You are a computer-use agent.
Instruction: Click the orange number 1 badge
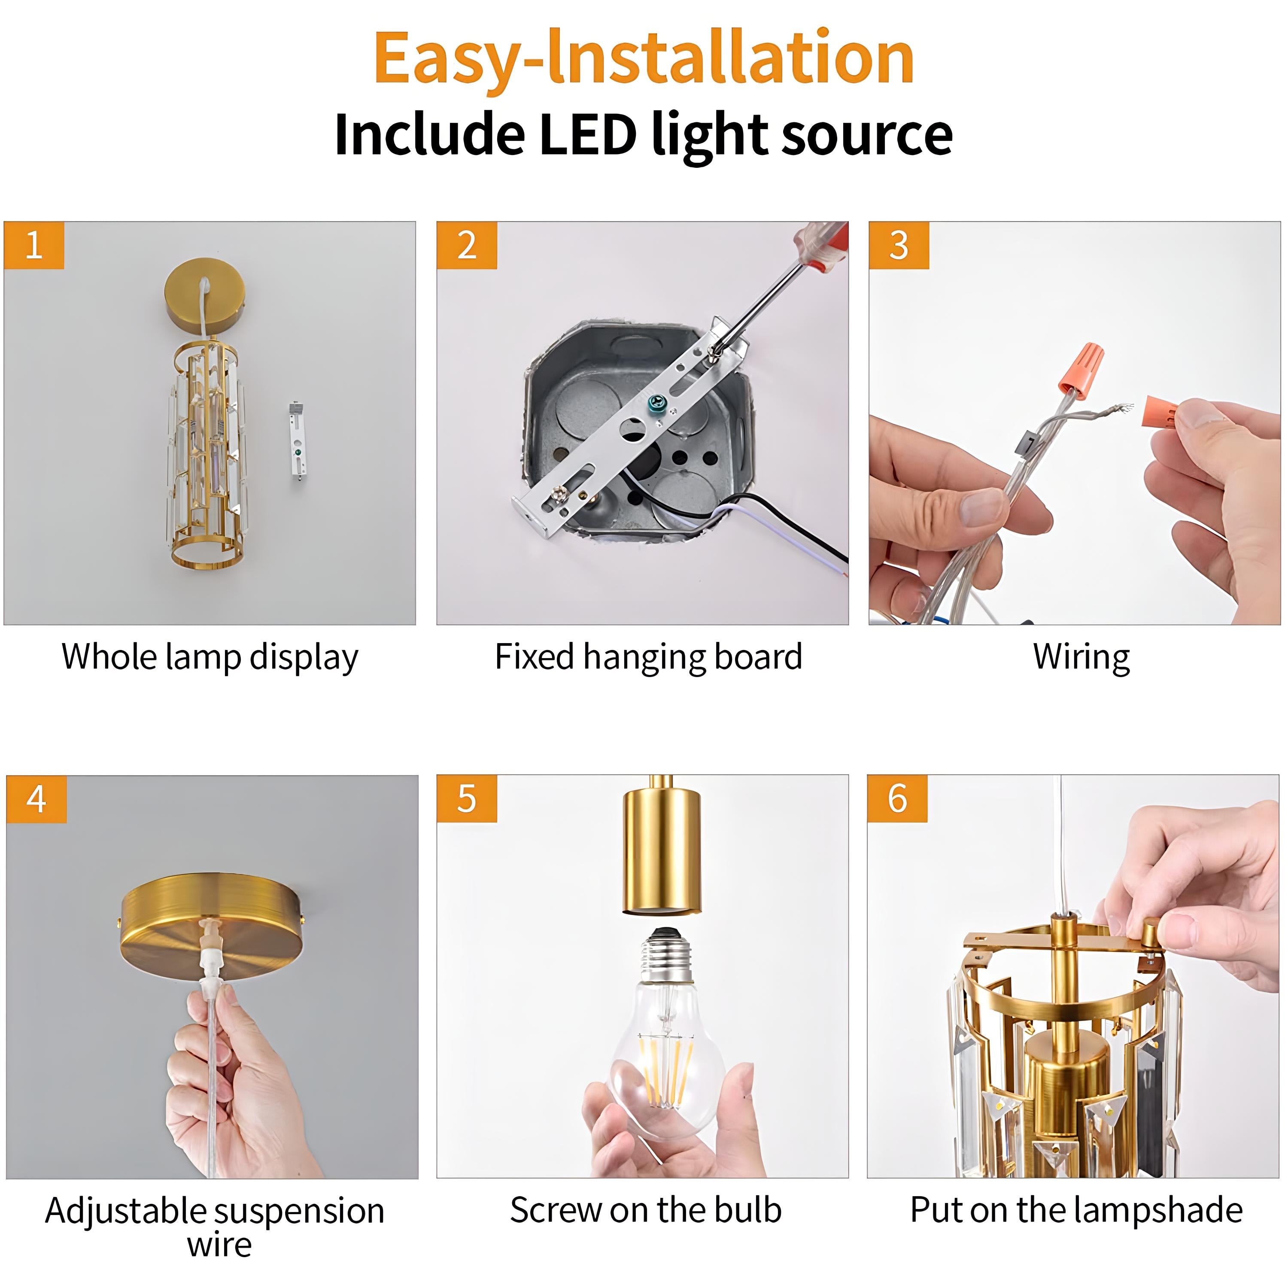pyautogui.click(x=33, y=245)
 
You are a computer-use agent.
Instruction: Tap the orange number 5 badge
pyautogui.click(x=467, y=798)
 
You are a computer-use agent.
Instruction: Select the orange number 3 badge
pyautogui.click(x=898, y=245)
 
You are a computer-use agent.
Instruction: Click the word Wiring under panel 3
pyautogui.click(x=1081, y=657)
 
